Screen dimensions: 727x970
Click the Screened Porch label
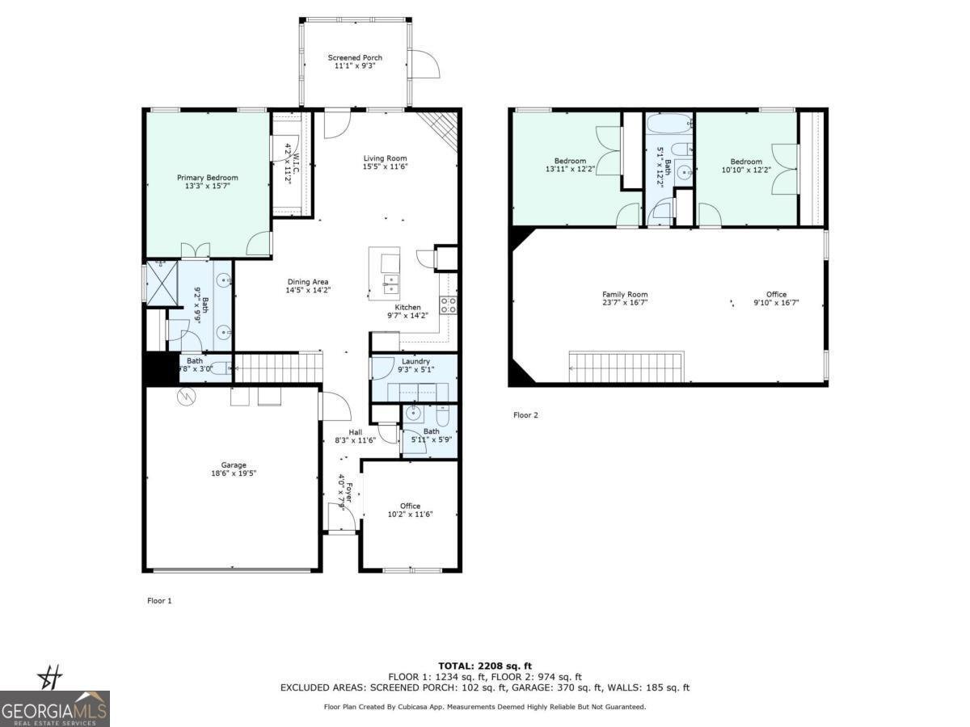[x=355, y=58]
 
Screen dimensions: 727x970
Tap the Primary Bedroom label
[x=208, y=178]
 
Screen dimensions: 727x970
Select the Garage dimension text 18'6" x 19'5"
[x=234, y=475]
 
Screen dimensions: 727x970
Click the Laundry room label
[x=415, y=361]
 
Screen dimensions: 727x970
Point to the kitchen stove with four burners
[x=448, y=305]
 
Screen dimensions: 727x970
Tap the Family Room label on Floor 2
[x=625, y=295]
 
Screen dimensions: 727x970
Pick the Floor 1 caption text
[x=159, y=601]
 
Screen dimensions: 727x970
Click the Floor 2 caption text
[x=525, y=415]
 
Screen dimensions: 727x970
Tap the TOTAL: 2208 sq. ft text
[x=485, y=666]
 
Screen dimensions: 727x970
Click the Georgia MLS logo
[x=55, y=708]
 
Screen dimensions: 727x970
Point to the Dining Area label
[x=307, y=282]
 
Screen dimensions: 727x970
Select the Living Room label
[x=385, y=158]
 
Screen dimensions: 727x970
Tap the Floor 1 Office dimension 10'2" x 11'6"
[x=411, y=515]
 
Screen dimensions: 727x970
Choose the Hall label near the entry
[x=355, y=432]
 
